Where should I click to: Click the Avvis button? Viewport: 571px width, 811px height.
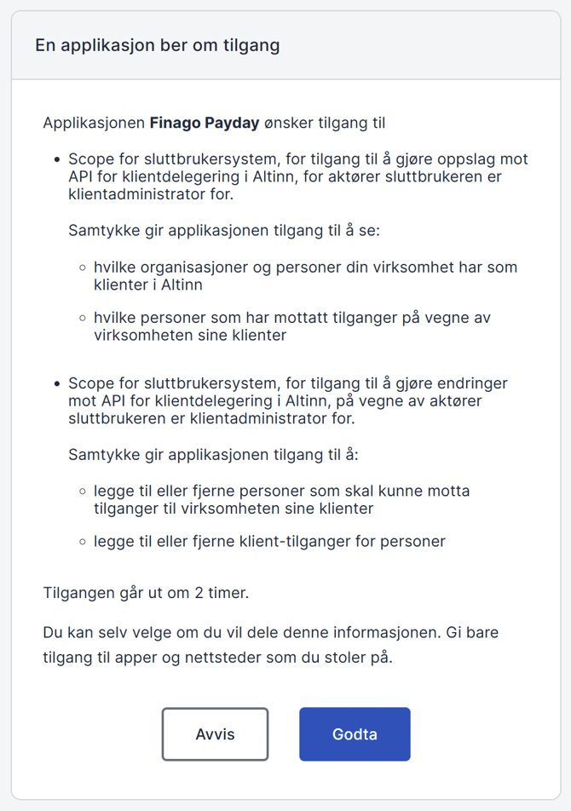[x=215, y=733]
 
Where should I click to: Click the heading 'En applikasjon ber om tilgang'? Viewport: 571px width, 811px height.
[x=157, y=45]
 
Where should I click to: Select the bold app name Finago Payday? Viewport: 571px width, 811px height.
[x=205, y=123]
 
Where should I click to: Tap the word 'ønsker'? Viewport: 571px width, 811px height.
[x=290, y=123]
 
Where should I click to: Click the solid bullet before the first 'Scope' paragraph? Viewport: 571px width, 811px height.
[x=57, y=159]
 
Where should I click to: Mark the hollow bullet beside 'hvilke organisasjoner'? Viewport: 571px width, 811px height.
[x=83, y=267]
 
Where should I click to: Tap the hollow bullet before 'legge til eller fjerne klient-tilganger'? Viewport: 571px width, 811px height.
[x=83, y=541]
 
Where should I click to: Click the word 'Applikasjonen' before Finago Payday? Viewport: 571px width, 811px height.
[x=94, y=123]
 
